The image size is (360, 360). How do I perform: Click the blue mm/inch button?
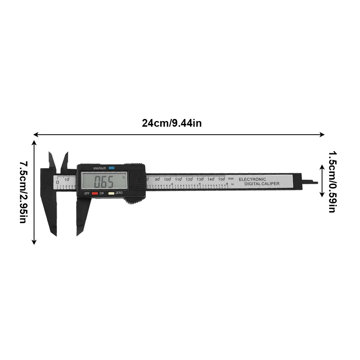[x=112, y=168]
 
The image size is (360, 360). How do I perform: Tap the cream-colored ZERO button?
[x=111, y=193]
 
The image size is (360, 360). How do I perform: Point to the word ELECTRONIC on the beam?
[x=252, y=179]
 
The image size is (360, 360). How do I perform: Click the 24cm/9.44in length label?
[x=172, y=123]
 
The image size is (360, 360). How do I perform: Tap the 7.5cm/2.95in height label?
[x=23, y=192]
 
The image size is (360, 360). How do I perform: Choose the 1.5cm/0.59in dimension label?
[x=332, y=182]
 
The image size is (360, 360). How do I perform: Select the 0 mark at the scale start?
[x=58, y=182]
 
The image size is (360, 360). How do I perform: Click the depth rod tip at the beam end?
[x=316, y=183]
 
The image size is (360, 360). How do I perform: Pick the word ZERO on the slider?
[x=119, y=193]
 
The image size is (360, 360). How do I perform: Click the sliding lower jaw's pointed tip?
[x=78, y=234]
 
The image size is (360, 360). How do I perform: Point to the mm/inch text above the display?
[x=100, y=168]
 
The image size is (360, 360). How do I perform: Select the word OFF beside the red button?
[x=87, y=193]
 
